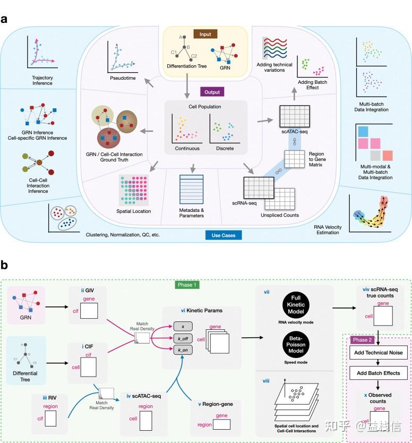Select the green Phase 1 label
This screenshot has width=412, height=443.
(x=187, y=285)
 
